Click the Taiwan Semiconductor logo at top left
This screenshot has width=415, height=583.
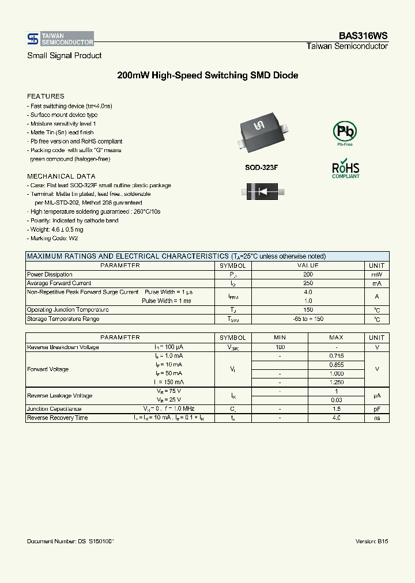click(60, 39)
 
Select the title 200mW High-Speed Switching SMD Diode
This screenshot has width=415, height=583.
click(207, 75)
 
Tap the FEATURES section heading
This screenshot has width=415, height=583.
click(46, 96)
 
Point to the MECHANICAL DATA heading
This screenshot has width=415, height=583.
click(61, 176)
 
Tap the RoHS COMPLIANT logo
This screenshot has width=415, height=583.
click(345, 169)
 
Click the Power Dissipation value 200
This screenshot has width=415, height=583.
click(308, 275)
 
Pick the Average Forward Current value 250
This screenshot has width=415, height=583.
click(308, 283)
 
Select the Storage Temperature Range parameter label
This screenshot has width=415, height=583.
click(63, 319)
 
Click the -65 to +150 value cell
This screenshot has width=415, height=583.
click(308, 319)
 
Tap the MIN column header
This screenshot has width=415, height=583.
click(280, 338)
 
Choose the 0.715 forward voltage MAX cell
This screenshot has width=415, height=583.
click(336, 356)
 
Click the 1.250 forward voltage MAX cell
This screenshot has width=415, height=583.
click(336, 382)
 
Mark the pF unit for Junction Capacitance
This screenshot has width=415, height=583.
click(376, 409)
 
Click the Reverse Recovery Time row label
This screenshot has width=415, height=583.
click(57, 418)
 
